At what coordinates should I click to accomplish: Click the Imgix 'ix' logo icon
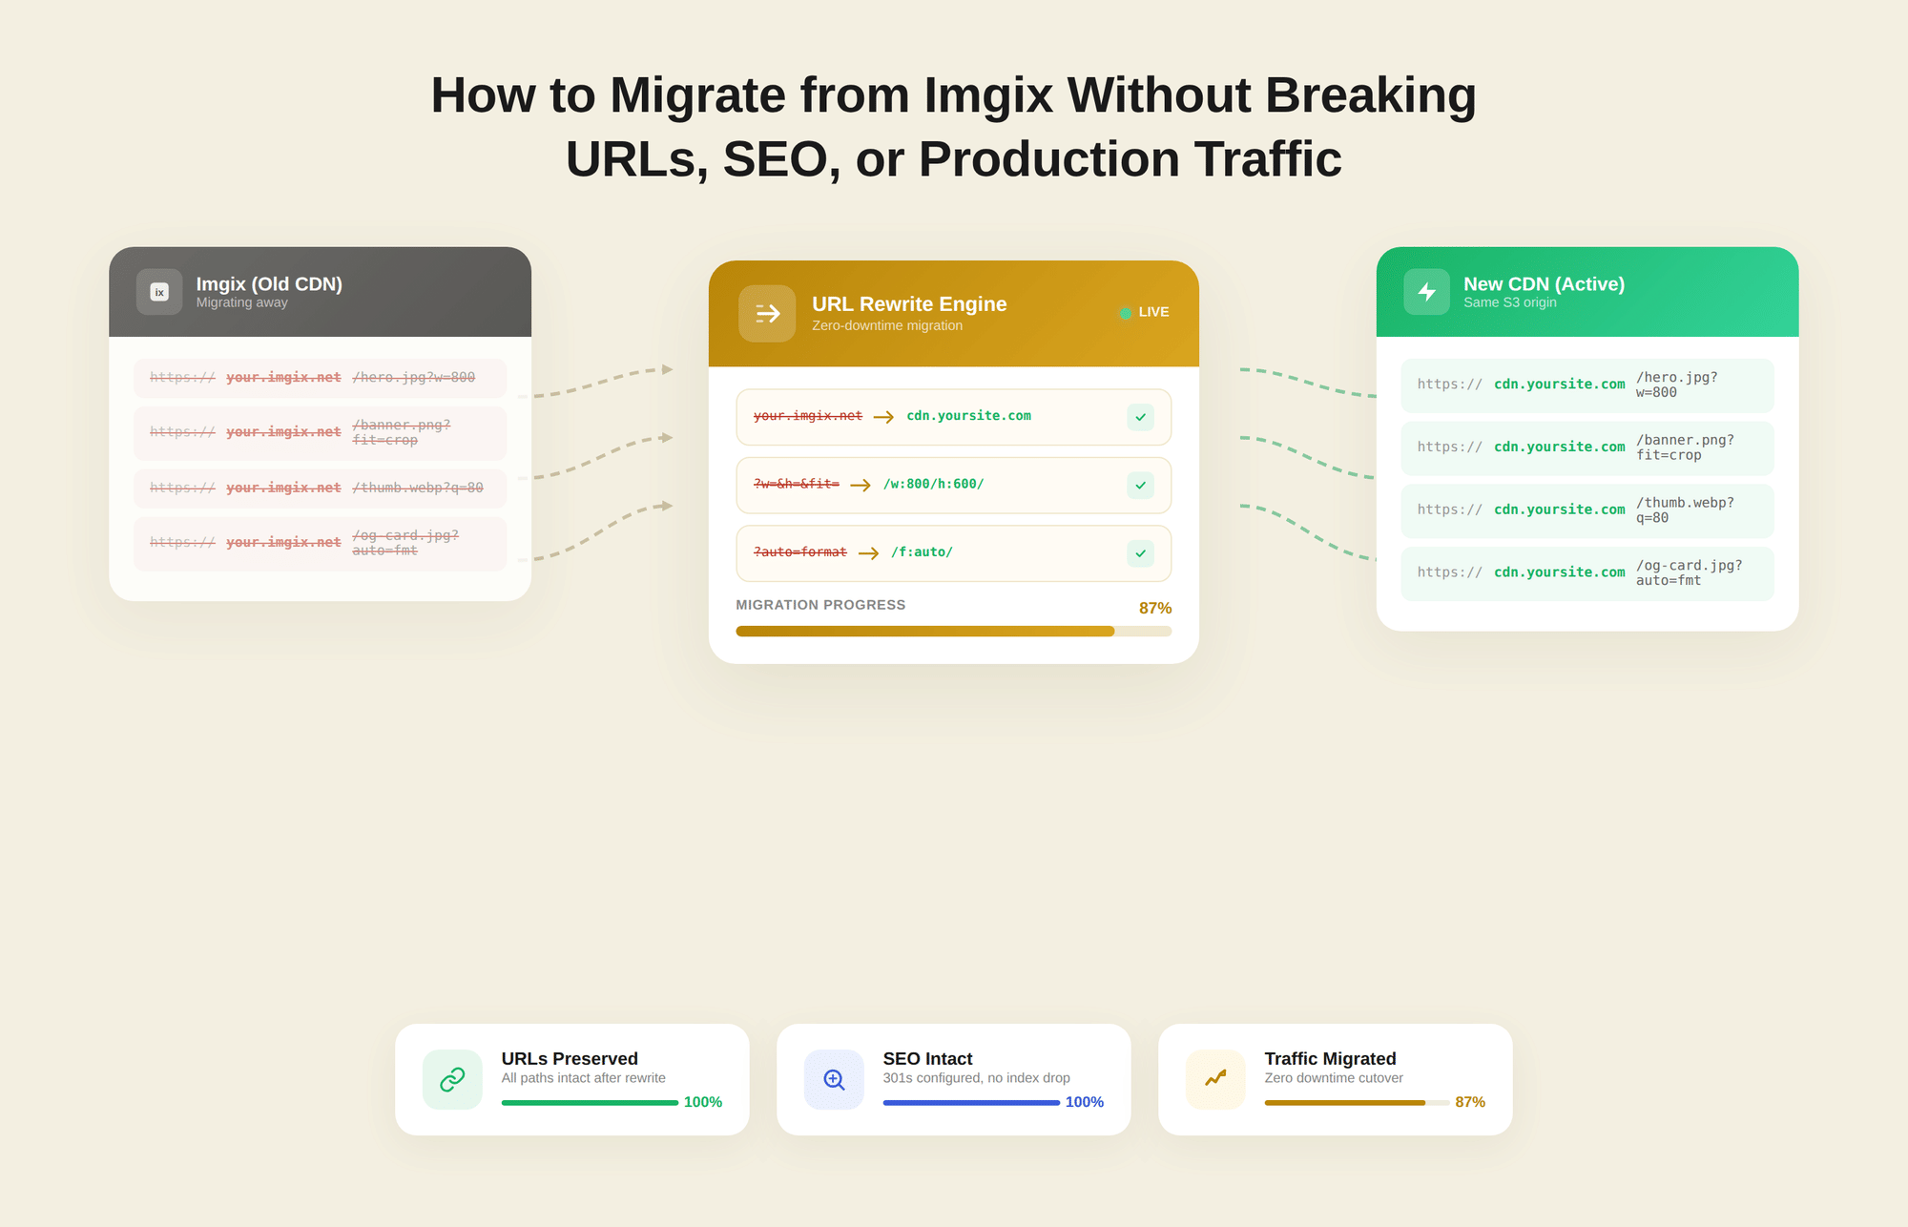[x=159, y=292]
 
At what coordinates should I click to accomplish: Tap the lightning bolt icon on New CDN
[x=1426, y=292]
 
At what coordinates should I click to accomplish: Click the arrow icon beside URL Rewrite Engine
[x=767, y=313]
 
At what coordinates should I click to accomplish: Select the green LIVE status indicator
[x=1126, y=313]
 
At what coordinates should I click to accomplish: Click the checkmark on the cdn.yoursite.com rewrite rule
[x=1140, y=417]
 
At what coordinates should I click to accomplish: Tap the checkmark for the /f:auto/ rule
[x=1140, y=553]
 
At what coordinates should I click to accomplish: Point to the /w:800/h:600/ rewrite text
[x=933, y=484]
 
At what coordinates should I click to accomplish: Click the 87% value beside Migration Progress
[x=1154, y=608]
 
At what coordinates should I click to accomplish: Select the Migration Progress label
[x=820, y=605]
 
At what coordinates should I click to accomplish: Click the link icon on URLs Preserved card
[x=452, y=1079]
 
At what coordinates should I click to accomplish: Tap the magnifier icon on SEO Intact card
[x=834, y=1079]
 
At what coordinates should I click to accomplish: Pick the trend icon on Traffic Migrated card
[x=1215, y=1079]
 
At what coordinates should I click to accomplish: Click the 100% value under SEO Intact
[x=1084, y=1102]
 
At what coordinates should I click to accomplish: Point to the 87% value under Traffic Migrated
[x=1469, y=1102]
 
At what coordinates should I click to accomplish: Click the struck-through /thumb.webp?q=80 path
[x=418, y=488]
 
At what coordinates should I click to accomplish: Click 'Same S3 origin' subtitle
[x=1509, y=302]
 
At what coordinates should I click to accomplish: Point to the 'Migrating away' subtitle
[x=241, y=302]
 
